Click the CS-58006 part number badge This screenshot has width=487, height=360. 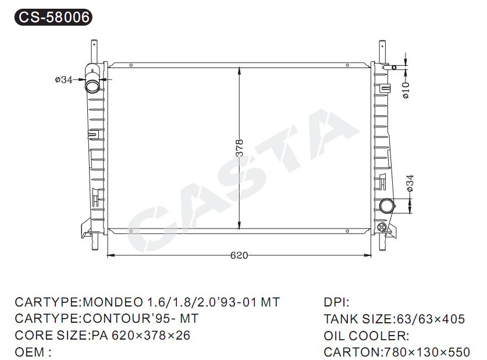point(54,17)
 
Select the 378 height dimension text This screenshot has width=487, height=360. point(239,148)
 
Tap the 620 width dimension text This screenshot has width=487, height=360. point(239,255)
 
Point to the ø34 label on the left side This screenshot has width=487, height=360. point(63,80)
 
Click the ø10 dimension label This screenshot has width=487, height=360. point(406,90)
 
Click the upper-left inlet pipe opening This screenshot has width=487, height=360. point(93,85)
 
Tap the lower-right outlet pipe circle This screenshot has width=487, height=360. point(387,206)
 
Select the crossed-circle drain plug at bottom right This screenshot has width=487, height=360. point(382,227)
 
